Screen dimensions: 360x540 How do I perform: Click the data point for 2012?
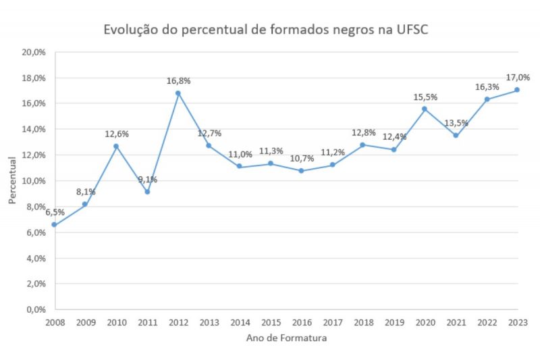click(178, 93)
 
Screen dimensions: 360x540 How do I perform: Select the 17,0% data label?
click(518, 78)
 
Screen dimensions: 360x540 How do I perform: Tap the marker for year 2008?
click(54, 225)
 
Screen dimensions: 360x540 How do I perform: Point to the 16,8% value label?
click(179, 81)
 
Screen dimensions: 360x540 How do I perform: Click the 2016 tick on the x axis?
click(302, 323)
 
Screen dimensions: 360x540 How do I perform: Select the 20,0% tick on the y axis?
click(33, 52)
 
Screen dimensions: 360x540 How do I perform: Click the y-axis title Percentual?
click(12, 180)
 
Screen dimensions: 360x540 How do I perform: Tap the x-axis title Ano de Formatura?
click(286, 338)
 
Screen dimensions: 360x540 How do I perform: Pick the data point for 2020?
click(425, 109)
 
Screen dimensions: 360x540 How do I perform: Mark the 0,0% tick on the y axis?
click(35, 309)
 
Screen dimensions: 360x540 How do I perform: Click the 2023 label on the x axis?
click(518, 323)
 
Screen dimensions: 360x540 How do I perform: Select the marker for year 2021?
click(456, 135)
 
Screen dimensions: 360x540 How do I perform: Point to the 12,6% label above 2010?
click(117, 134)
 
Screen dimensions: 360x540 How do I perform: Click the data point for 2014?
click(240, 167)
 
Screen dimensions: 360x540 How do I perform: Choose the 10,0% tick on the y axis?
click(33, 181)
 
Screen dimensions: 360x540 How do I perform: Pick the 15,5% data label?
click(425, 97)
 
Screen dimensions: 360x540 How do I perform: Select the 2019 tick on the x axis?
click(394, 323)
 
